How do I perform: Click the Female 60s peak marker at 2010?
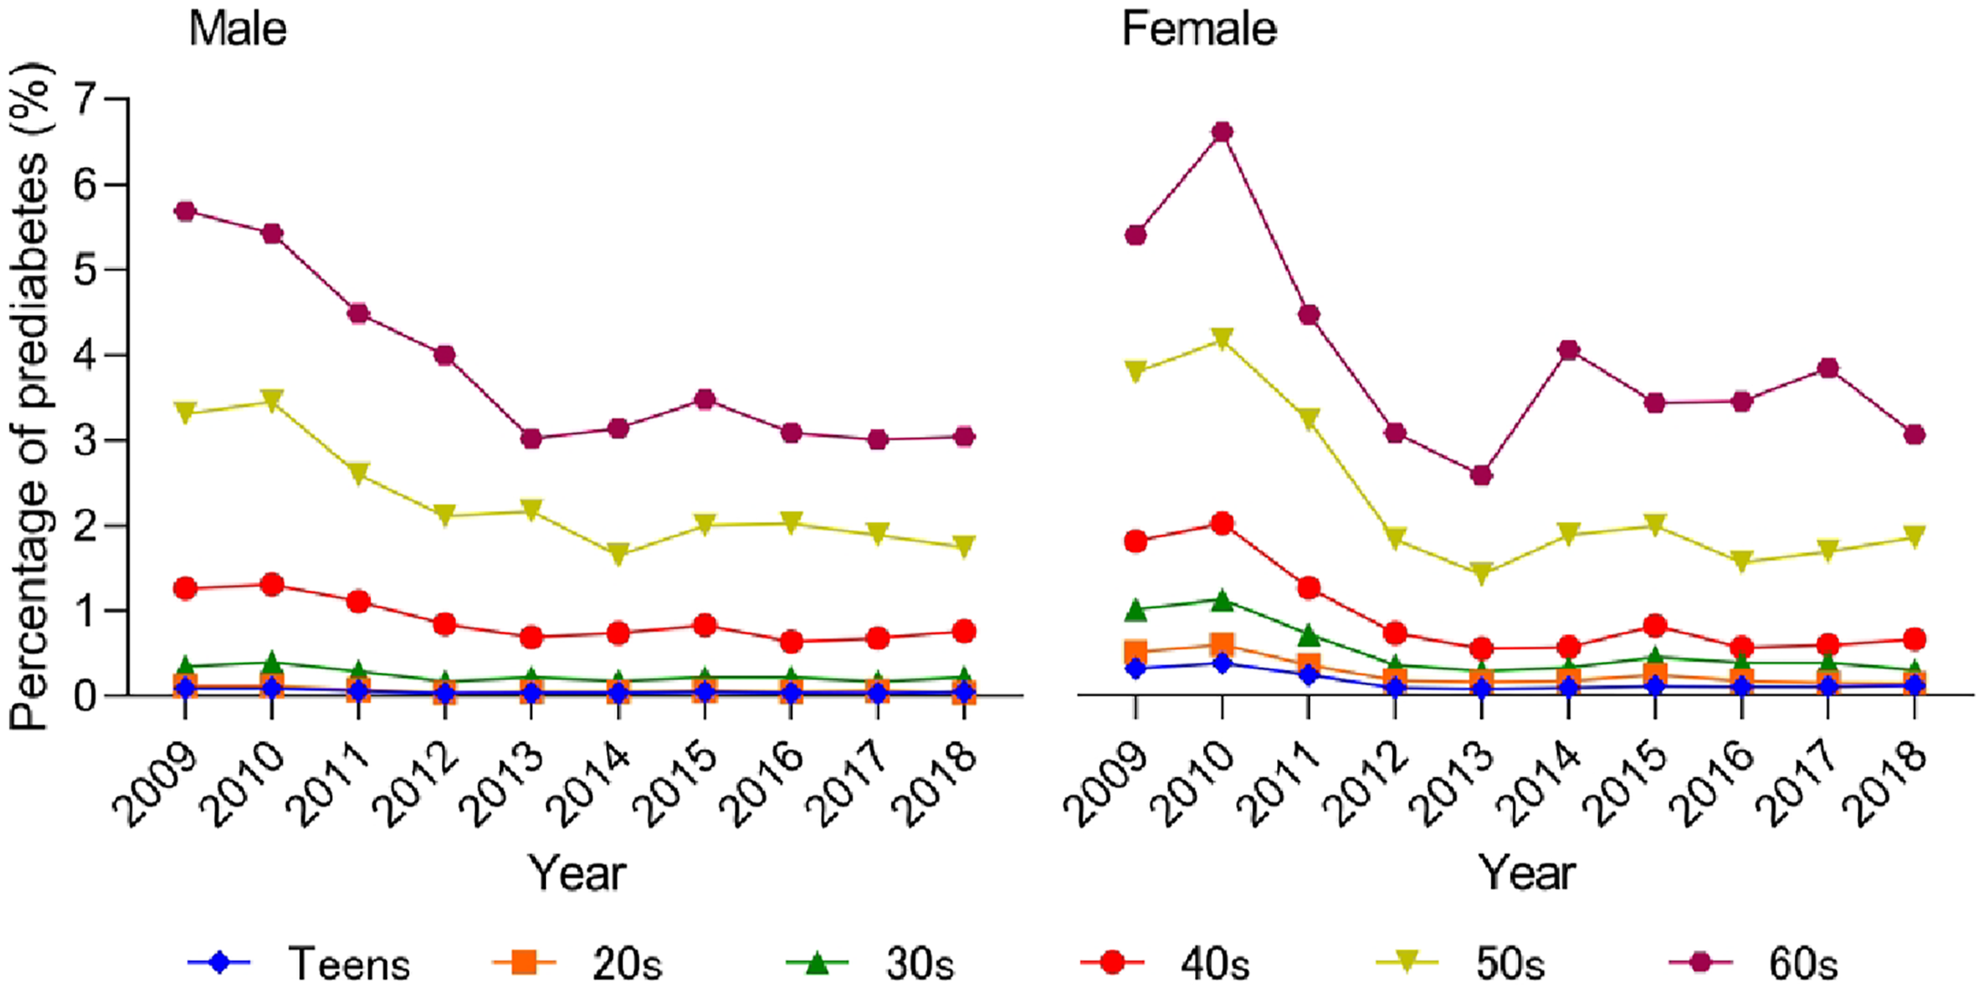(1222, 132)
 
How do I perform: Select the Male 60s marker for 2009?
(185, 210)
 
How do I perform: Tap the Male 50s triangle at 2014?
(618, 553)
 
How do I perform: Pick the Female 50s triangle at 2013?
(1482, 573)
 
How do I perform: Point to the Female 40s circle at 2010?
(1222, 524)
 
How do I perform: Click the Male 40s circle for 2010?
(271, 584)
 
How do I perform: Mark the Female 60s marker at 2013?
(1482, 475)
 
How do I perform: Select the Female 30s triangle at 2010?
(1222, 600)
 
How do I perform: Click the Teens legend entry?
(300, 963)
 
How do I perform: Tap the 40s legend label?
(1215, 964)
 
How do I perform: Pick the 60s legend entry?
(1753, 963)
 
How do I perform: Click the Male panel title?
(238, 29)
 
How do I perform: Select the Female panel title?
(1199, 29)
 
